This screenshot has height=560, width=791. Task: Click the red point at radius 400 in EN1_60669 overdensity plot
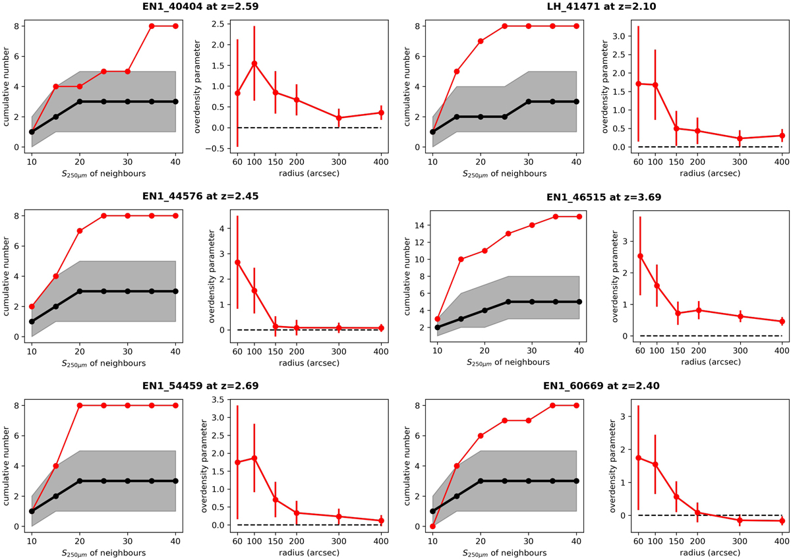(782, 521)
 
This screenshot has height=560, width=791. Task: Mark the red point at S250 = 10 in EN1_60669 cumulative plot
(432, 526)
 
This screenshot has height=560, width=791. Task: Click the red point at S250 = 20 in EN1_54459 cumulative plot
(80, 406)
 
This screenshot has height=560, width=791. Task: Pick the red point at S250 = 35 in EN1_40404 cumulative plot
(152, 26)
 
